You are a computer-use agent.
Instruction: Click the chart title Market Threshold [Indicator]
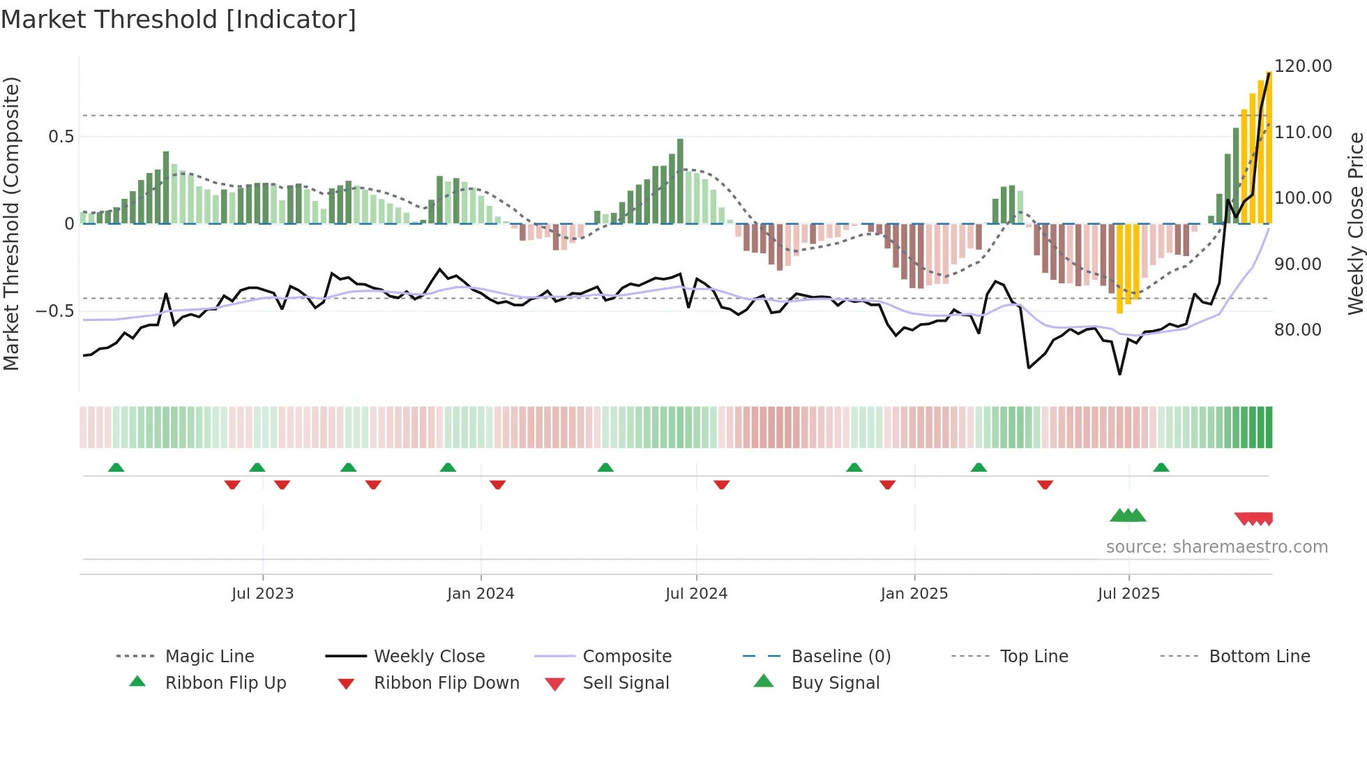tap(179, 20)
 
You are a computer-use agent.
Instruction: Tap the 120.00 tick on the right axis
tap(1303, 66)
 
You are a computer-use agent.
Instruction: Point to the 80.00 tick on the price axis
tap(1297, 330)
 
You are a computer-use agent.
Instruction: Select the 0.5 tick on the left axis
tap(61, 137)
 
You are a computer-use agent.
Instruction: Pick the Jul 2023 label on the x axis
tap(262, 594)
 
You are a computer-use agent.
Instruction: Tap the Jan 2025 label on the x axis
tap(914, 594)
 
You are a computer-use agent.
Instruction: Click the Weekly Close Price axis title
tap(1354, 223)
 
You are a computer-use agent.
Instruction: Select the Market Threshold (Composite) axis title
tap(11, 223)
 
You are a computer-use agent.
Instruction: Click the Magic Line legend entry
tap(209, 657)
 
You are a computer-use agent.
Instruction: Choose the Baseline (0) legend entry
tap(840, 657)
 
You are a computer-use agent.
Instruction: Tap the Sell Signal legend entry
tap(626, 683)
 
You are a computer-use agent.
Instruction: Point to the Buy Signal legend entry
tap(835, 683)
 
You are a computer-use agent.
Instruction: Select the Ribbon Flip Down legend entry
tap(446, 683)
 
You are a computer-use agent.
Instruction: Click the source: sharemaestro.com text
tap(1216, 547)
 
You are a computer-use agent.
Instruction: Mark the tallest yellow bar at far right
tap(1269, 147)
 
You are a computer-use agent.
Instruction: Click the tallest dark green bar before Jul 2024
tap(680, 181)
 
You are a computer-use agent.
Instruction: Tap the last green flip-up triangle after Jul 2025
tap(1161, 468)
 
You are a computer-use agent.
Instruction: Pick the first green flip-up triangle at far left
tap(116, 468)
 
